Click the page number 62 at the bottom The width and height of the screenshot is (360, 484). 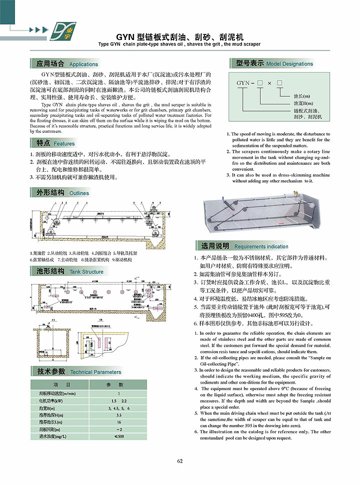point(180,461)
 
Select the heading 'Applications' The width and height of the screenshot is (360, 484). point(83,64)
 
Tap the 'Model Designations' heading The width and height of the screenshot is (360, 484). point(289,64)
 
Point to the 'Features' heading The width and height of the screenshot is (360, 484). point(64,144)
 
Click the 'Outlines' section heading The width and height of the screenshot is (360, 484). point(79,193)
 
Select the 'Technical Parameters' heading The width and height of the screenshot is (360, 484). point(95,372)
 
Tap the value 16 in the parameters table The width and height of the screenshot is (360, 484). point(119,422)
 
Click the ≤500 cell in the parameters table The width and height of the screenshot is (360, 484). point(119,436)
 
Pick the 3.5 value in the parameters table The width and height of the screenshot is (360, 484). point(119,415)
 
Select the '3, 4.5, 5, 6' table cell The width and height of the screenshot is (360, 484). point(119,408)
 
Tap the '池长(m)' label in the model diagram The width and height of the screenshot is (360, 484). point(301,96)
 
